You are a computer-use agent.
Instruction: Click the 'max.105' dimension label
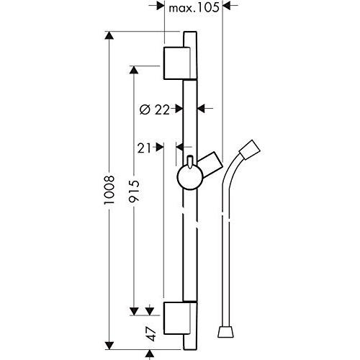tap(194, 8)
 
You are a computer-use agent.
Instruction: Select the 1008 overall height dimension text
tap(109, 190)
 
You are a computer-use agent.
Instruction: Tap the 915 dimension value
tap(134, 190)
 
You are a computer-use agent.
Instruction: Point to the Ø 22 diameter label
tap(155, 110)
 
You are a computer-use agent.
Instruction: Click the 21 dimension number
tap(144, 148)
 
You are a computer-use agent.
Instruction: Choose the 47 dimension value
tap(152, 334)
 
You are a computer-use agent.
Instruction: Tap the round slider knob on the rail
tap(190, 177)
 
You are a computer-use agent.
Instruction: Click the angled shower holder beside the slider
tap(210, 165)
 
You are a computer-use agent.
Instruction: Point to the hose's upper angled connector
tap(250, 149)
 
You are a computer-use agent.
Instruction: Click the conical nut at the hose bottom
tap(225, 331)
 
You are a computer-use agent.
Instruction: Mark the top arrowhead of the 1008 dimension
tap(109, 36)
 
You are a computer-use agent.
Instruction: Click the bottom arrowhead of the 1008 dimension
tap(109, 345)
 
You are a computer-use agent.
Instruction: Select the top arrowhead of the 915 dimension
tap(134, 70)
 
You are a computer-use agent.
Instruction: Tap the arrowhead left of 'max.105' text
tap(160, 6)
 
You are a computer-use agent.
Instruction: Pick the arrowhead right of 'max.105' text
tap(227, 6)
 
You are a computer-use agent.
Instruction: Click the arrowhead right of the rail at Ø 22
tap(201, 109)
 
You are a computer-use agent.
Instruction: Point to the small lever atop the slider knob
tap(190, 162)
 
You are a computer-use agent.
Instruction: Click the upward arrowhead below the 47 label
tap(150, 354)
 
